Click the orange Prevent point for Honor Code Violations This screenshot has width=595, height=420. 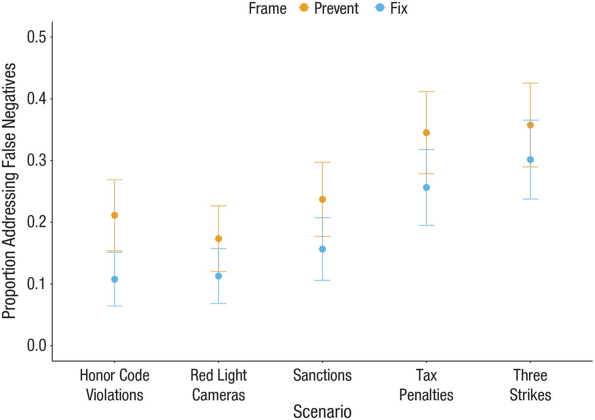[115, 215]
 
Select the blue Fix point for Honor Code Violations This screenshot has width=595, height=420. [115, 279]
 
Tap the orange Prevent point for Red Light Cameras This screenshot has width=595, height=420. [218, 239]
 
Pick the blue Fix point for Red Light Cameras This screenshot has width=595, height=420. [218, 276]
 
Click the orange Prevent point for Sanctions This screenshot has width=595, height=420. [323, 199]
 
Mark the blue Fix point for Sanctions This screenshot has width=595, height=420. [323, 249]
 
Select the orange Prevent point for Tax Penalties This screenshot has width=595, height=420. [426, 132]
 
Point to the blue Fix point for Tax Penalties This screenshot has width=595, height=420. [426, 188]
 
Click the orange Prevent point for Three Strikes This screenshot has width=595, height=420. [530, 125]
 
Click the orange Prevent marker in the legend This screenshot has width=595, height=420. [304, 8]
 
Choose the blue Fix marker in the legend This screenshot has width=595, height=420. [380, 8]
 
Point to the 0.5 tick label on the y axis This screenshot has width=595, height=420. [37, 37]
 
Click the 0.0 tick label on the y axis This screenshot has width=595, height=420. [37, 346]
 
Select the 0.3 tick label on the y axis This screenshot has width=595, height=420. [37, 160]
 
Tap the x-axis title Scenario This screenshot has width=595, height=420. [322, 411]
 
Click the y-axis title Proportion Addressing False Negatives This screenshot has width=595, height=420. [9, 191]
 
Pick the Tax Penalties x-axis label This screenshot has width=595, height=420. [426, 385]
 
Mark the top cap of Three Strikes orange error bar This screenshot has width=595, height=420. [530, 83]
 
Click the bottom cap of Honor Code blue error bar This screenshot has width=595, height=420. [115, 306]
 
